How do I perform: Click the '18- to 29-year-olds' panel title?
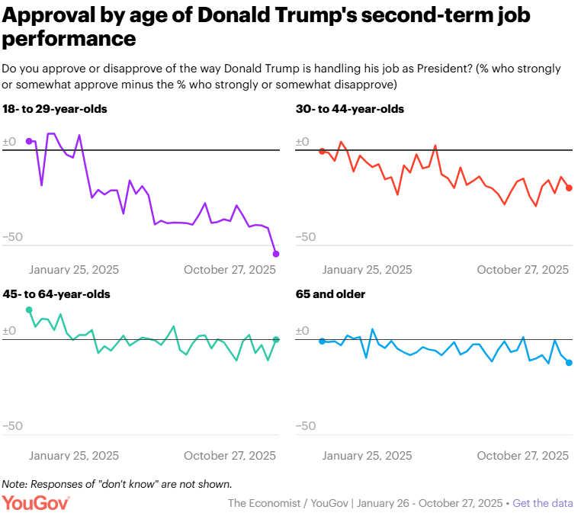point(55,109)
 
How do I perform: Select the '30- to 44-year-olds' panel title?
point(349,109)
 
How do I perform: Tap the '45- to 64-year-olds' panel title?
point(56,294)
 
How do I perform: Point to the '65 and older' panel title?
point(330,294)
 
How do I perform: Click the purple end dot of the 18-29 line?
point(276,254)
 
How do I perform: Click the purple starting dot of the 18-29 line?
point(29,141)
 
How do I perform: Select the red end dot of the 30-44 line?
point(569,188)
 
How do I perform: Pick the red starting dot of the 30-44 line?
point(322,151)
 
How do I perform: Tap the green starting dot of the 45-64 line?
point(29,309)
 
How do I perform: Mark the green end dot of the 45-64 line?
point(276,340)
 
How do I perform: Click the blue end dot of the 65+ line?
point(569,363)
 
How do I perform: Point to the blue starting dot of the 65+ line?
point(322,341)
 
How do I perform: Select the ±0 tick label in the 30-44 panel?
point(302,142)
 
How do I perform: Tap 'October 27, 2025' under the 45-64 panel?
point(230,456)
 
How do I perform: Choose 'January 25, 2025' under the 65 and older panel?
point(367,456)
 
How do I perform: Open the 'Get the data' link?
point(543,503)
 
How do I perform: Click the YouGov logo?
point(36,503)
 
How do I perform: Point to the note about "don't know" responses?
point(117,484)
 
